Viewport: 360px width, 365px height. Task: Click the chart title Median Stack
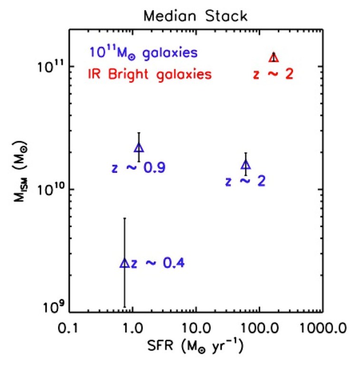click(195, 16)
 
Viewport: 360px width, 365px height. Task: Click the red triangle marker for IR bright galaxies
click(273, 58)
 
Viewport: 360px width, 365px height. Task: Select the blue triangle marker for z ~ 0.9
click(139, 148)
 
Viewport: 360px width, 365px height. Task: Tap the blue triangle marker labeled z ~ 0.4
click(125, 263)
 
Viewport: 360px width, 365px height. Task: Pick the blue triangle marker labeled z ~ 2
click(246, 165)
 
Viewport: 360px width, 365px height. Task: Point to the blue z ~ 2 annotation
click(245, 182)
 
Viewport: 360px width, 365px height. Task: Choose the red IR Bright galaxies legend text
click(149, 74)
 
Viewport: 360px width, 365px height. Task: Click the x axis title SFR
click(195, 347)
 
